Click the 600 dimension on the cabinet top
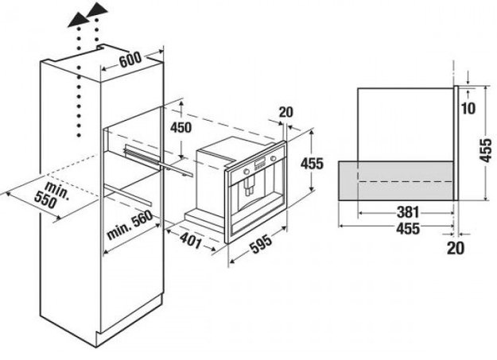[x=130, y=60]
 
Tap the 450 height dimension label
[x=181, y=127]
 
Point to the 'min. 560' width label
[x=130, y=225]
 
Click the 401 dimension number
[x=191, y=239]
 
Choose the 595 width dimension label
[x=261, y=244]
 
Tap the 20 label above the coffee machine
[x=286, y=112]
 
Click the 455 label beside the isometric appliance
[x=312, y=164]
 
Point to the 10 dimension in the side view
[x=468, y=108]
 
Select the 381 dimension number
[x=408, y=212]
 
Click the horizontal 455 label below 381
[x=408, y=228]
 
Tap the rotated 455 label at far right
[x=486, y=150]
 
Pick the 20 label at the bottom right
[x=455, y=248]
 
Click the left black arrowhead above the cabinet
[x=79, y=21]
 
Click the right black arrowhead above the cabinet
[x=97, y=9]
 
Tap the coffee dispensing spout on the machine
[x=248, y=185]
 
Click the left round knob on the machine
[x=246, y=172]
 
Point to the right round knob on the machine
[x=274, y=158]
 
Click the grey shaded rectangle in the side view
[x=396, y=180]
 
